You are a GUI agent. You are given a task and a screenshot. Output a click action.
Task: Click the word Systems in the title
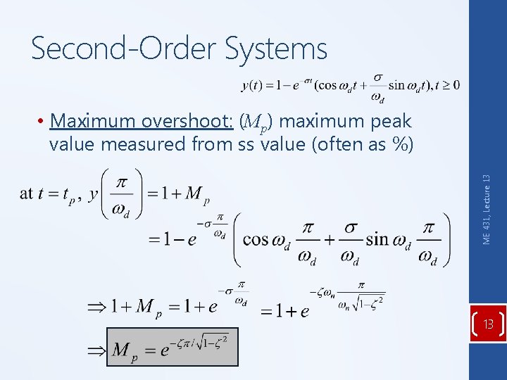tap(277, 49)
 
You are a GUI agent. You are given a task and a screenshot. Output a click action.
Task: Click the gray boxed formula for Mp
tap(172, 347)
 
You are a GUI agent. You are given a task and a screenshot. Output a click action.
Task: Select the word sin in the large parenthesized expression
tap(378, 239)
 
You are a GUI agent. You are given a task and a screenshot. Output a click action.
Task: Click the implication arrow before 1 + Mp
tap(95, 308)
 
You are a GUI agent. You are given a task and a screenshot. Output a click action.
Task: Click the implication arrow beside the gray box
tap(95, 349)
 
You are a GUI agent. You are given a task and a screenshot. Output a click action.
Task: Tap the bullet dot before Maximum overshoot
tap(43, 122)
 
